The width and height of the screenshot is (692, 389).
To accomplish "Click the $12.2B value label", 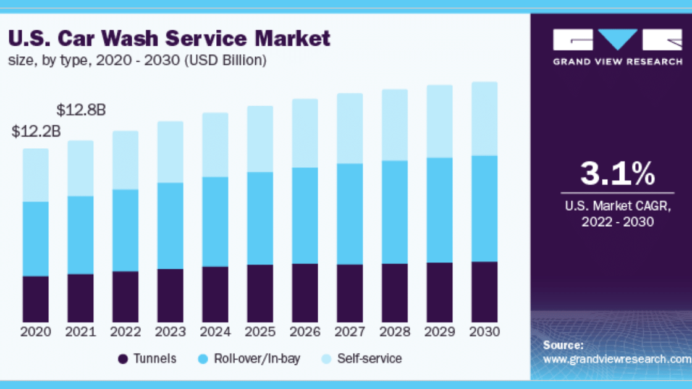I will pos(36,132).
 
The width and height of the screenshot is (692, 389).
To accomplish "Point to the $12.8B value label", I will pos(81,111).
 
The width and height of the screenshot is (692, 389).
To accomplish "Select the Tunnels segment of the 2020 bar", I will pos(36,299).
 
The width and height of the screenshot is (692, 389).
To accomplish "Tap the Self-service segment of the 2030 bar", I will pos(484,119).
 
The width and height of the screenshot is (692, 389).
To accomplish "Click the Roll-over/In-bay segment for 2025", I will pos(260,218).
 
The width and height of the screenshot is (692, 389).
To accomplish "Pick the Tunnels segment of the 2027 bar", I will pos(350,293).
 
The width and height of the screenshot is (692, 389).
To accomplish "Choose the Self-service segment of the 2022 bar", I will pos(125,160).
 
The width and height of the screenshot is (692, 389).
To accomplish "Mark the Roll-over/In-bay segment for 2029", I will pos(439,210).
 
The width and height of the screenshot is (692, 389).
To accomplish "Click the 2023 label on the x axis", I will pos(171,332).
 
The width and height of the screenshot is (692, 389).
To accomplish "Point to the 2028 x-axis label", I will pos(395,332).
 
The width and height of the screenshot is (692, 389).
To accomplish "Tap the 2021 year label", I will pos(81,332).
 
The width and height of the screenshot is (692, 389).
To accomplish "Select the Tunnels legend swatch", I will pos(123,359).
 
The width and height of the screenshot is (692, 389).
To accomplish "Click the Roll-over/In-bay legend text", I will pos(257,359).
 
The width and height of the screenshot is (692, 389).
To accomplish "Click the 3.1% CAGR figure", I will pos(617,174).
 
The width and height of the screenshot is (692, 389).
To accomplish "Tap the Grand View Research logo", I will pos(617,46).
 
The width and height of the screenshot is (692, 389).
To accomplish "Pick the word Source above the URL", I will pos(563,345).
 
